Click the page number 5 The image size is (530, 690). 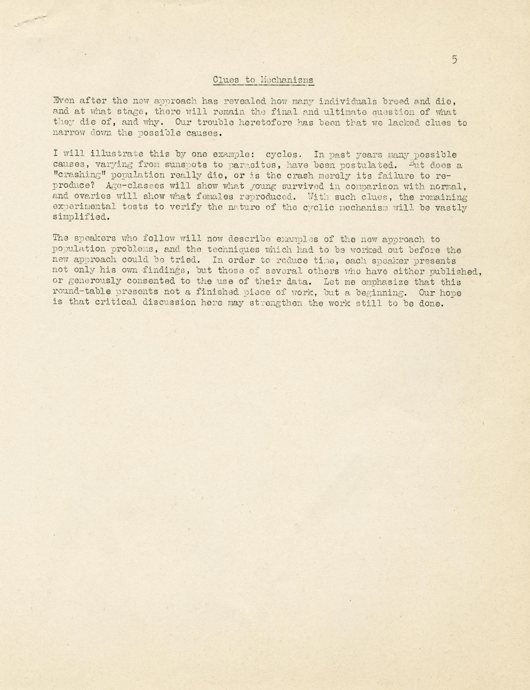coord(454,60)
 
